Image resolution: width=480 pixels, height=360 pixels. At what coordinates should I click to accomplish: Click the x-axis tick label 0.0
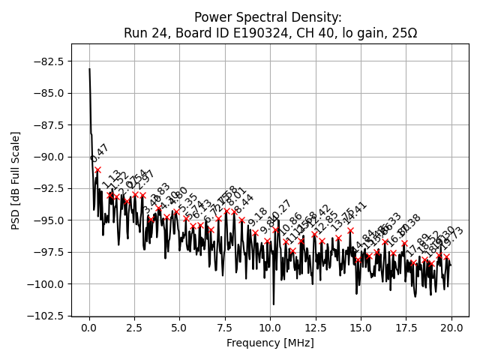point(89,328)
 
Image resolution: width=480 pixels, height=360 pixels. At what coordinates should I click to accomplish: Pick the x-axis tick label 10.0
point(270,328)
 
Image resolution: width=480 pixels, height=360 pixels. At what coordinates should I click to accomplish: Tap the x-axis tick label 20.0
point(451,328)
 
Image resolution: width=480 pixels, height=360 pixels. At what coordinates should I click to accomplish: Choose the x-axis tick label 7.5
point(225,328)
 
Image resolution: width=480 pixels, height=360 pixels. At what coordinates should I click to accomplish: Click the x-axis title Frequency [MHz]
point(270,343)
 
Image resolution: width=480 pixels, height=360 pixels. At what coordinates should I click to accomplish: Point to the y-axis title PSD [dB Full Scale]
point(16,180)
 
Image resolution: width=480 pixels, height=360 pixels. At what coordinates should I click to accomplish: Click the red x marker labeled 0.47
point(98,169)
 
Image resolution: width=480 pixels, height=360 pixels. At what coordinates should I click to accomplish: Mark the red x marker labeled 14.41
point(350,230)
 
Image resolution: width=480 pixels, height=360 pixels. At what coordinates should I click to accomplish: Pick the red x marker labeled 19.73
point(446,256)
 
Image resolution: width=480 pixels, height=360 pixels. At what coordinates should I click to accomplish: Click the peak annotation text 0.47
point(99,153)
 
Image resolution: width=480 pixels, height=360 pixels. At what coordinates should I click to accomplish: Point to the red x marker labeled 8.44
point(241,220)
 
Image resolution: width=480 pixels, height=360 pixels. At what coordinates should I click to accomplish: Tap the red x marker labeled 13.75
point(338,238)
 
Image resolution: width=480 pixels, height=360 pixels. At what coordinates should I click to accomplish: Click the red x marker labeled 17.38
point(404,243)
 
